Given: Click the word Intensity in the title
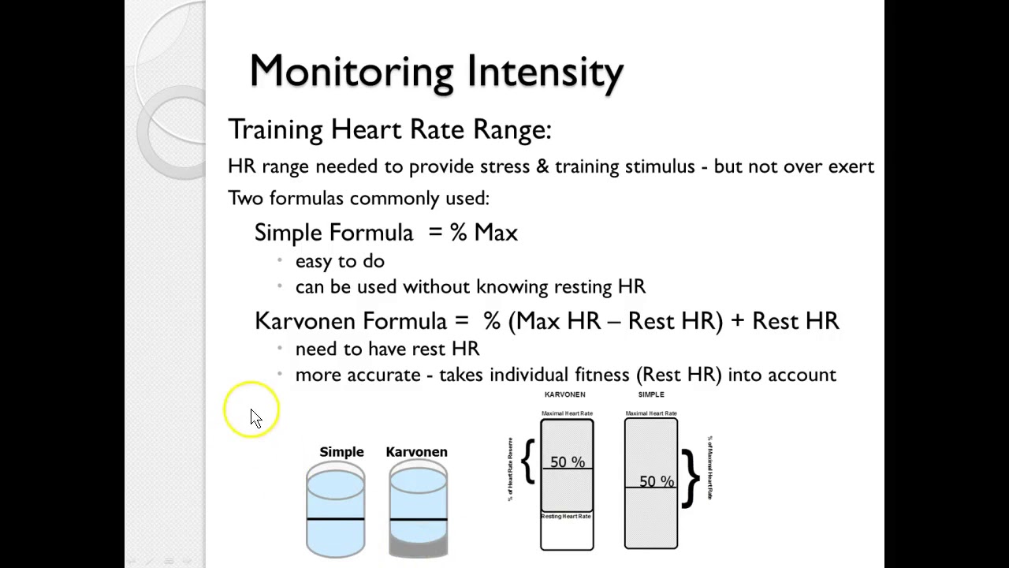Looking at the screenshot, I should coord(545,72).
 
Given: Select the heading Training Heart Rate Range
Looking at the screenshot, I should coord(389,129).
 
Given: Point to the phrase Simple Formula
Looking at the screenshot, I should coord(333,233).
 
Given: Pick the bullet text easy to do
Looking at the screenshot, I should coord(340,261).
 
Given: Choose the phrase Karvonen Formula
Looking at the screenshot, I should coord(351,321).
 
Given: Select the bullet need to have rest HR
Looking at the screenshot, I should coord(387,349).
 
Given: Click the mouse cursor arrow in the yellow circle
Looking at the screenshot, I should coord(255,417).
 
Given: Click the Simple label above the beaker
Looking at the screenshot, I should coord(341,452).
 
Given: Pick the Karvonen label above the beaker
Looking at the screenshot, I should coord(416,452).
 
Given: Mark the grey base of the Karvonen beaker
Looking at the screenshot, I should coord(418,547).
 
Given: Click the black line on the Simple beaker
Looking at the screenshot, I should coord(336,519).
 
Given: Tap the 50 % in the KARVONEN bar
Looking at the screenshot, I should coord(568,462).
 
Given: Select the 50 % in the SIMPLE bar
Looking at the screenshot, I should coord(657,481).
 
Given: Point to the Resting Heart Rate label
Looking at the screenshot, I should coord(566,516).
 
